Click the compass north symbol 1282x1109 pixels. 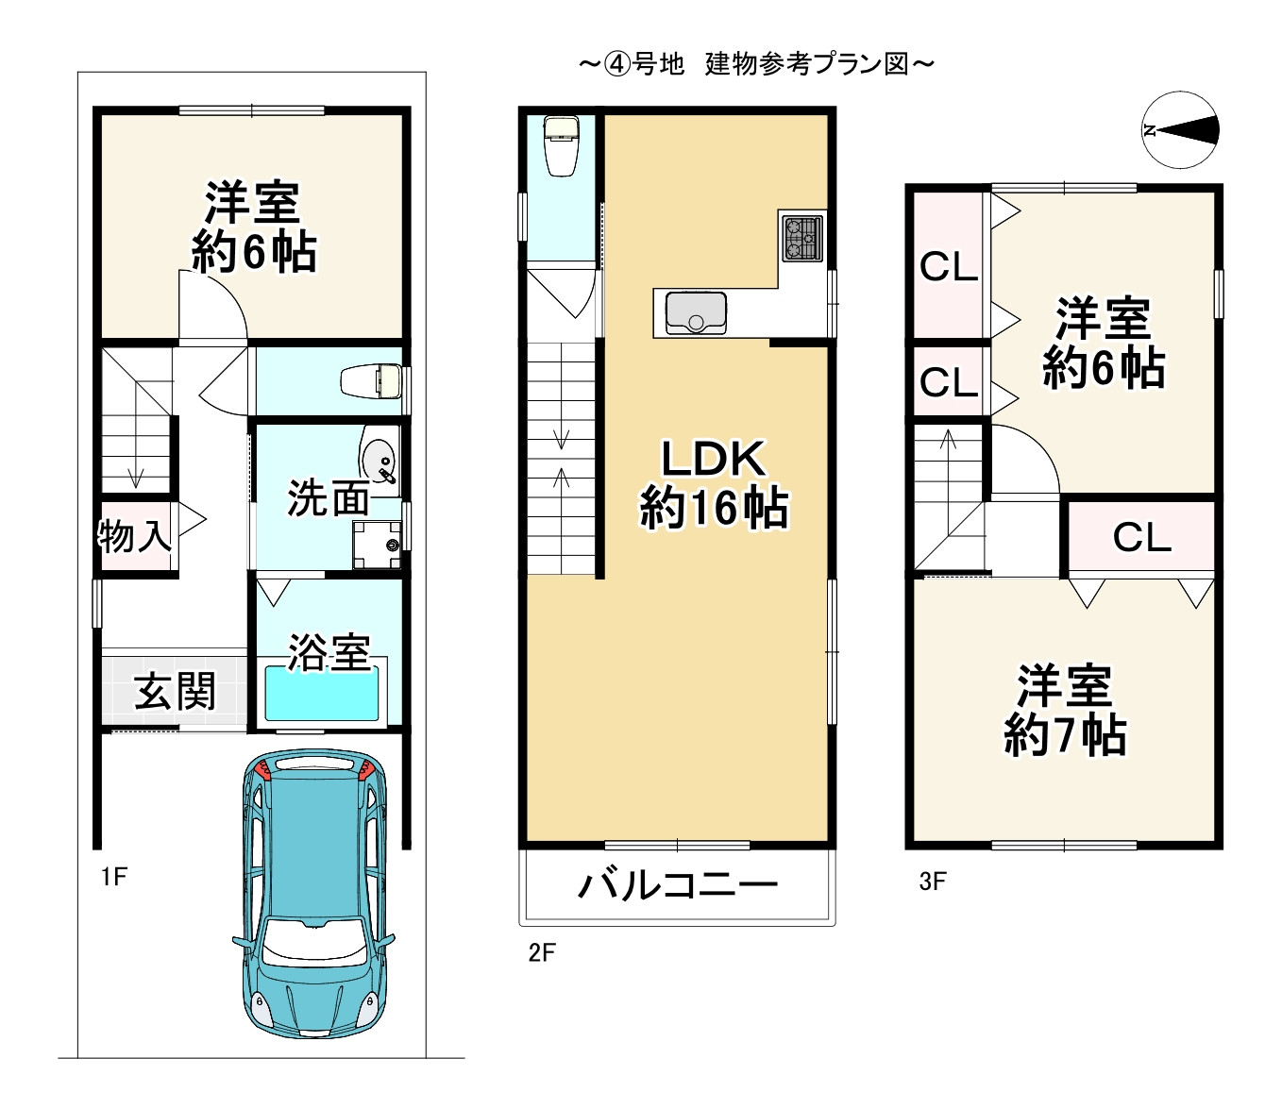click(x=1180, y=130)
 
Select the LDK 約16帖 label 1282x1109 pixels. click(x=713, y=483)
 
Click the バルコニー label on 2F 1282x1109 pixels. click(x=677, y=885)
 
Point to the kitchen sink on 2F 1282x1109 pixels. click(x=695, y=312)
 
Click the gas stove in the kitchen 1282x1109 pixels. click(x=801, y=238)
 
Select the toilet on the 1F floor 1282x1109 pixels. click(x=373, y=380)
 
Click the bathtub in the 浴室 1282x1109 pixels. click(x=324, y=694)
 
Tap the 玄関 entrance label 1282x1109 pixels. click(x=175, y=691)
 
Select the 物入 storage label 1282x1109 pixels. click(x=134, y=536)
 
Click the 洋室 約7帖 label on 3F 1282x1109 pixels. click(x=1064, y=710)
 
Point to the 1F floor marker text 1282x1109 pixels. click(x=113, y=877)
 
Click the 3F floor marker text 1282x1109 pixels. click(x=932, y=882)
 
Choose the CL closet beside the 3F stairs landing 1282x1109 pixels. click(x=1140, y=537)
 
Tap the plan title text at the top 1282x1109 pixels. click(x=756, y=64)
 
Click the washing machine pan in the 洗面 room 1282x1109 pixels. click(x=378, y=545)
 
